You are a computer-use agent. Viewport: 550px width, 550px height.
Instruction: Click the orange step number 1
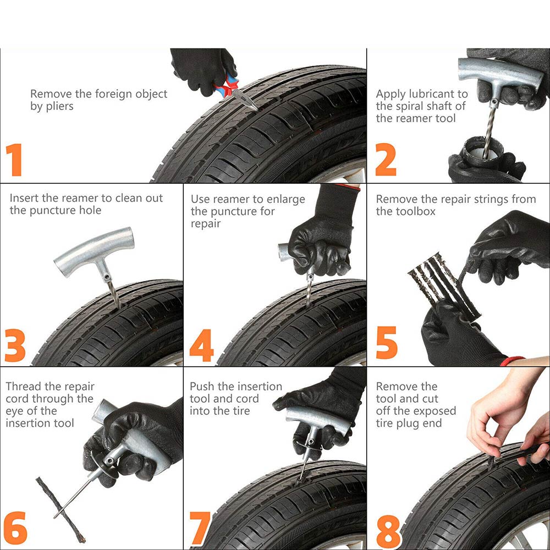[14, 159]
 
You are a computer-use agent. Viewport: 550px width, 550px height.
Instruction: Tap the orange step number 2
[386, 159]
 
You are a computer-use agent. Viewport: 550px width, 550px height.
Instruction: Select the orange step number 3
[15, 345]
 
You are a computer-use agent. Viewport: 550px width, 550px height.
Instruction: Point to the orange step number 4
[202, 345]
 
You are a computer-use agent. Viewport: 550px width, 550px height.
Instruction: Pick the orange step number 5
[387, 343]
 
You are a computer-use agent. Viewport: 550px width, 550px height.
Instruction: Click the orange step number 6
[15, 528]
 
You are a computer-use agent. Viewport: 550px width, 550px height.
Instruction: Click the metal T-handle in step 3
[94, 251]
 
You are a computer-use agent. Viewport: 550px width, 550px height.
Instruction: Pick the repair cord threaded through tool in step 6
[61, 509]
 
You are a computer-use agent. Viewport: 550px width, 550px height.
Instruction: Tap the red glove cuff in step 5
[512, 360]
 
